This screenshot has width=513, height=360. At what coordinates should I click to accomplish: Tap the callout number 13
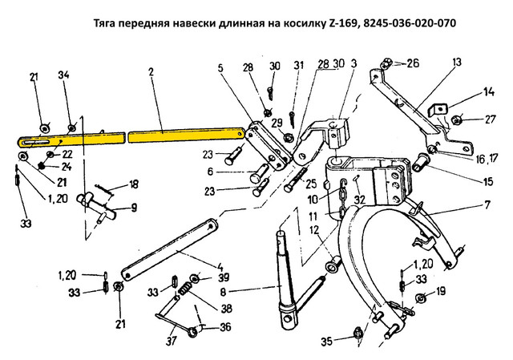pos(456,62)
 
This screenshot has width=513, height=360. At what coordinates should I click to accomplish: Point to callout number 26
pos(413,63)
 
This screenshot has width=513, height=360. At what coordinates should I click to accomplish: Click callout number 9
pos(133,208)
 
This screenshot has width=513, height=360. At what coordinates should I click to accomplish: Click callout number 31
pos(297,65)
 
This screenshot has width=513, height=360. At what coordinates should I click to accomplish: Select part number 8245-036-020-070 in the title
pos(402,23)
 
